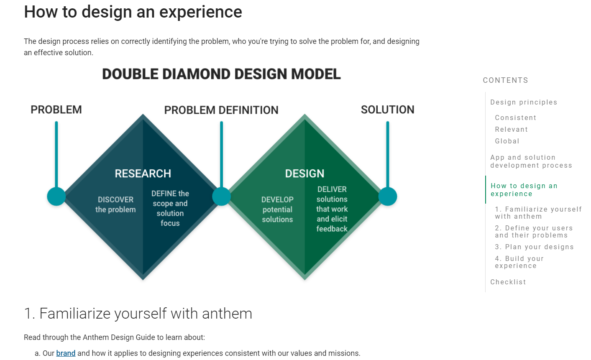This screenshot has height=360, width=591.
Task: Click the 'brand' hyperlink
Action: click(x=66, y=353)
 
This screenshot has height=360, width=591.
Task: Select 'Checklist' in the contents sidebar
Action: click(x=508, y=282)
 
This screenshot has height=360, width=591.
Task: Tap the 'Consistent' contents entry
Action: click(x=516, y=117)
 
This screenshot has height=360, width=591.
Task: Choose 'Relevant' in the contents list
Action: click(x=511, y=129)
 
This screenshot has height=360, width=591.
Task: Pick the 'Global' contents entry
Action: click(x=507, y=141)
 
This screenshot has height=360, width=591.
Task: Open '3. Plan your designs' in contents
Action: click(x=534, y=247)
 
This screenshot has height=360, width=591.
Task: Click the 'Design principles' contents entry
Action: click(x=524, y=102)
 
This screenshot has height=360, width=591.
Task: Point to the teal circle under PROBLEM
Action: click(x=56, y=197)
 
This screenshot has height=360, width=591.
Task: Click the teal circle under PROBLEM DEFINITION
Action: click(x=221, y=197)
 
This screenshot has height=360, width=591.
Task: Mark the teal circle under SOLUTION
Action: click(x=388, y=197)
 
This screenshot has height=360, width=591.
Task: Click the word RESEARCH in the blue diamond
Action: click(x=143, y=174)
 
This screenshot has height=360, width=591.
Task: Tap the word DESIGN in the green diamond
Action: click(x=304, y=174)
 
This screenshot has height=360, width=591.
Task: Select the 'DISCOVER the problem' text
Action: click(x=115, y=204)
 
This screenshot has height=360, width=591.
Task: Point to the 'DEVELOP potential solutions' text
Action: click(x=277, y=209)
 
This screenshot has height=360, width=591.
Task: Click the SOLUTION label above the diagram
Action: click(x=388, y=110)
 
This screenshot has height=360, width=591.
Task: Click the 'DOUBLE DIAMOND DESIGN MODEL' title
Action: click(x=221, y=74)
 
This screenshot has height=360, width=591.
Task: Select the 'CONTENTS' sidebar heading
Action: click(x=506, y=80)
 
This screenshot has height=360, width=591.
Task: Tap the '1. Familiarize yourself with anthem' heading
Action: click(x=138, y=313)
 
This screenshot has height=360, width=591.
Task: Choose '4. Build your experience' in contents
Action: click(x=519, y=262)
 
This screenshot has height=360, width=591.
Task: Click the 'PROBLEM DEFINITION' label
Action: click(x=221, y=110)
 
